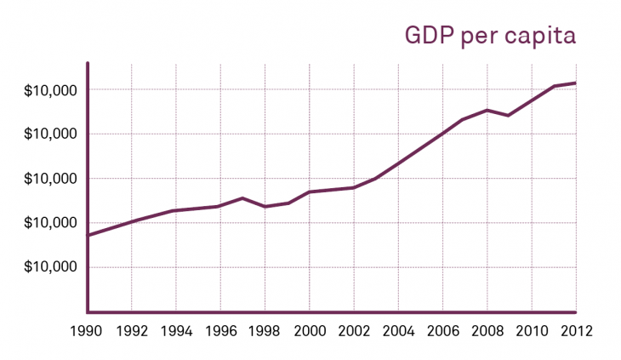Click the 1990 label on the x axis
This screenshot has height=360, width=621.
point(88,329)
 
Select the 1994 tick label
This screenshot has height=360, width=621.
point(176,329)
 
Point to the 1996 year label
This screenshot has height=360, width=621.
point(220,329)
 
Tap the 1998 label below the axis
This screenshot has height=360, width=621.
point(265,329)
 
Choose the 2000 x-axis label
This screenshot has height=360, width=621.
point(309,329)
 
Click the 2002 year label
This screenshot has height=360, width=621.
point(353,329)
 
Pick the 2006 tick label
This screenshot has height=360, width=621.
point(442,329)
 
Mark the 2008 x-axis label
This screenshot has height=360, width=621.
point(487,329)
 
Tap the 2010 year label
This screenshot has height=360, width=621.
point(531,329)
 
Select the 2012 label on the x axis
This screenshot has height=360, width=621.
point(575,329)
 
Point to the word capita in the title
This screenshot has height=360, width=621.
point(542,37)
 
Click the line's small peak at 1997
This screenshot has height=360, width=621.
point(242,198)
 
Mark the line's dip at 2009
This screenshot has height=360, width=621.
point(509,115)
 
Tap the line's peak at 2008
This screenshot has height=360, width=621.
point(487,110)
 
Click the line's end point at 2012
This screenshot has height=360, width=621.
point(575,83)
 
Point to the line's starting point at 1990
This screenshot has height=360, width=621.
point(88,235)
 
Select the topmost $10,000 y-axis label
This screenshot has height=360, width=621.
point(50,90)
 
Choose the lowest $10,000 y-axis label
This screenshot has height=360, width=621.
point(50,267)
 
